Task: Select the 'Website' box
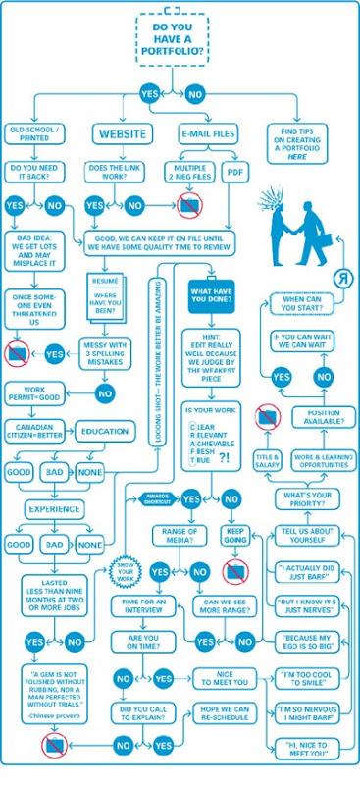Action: [x=121, y=133]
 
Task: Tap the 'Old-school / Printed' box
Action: [x=34, y=133]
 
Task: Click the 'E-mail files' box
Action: [x=206, y=133]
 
